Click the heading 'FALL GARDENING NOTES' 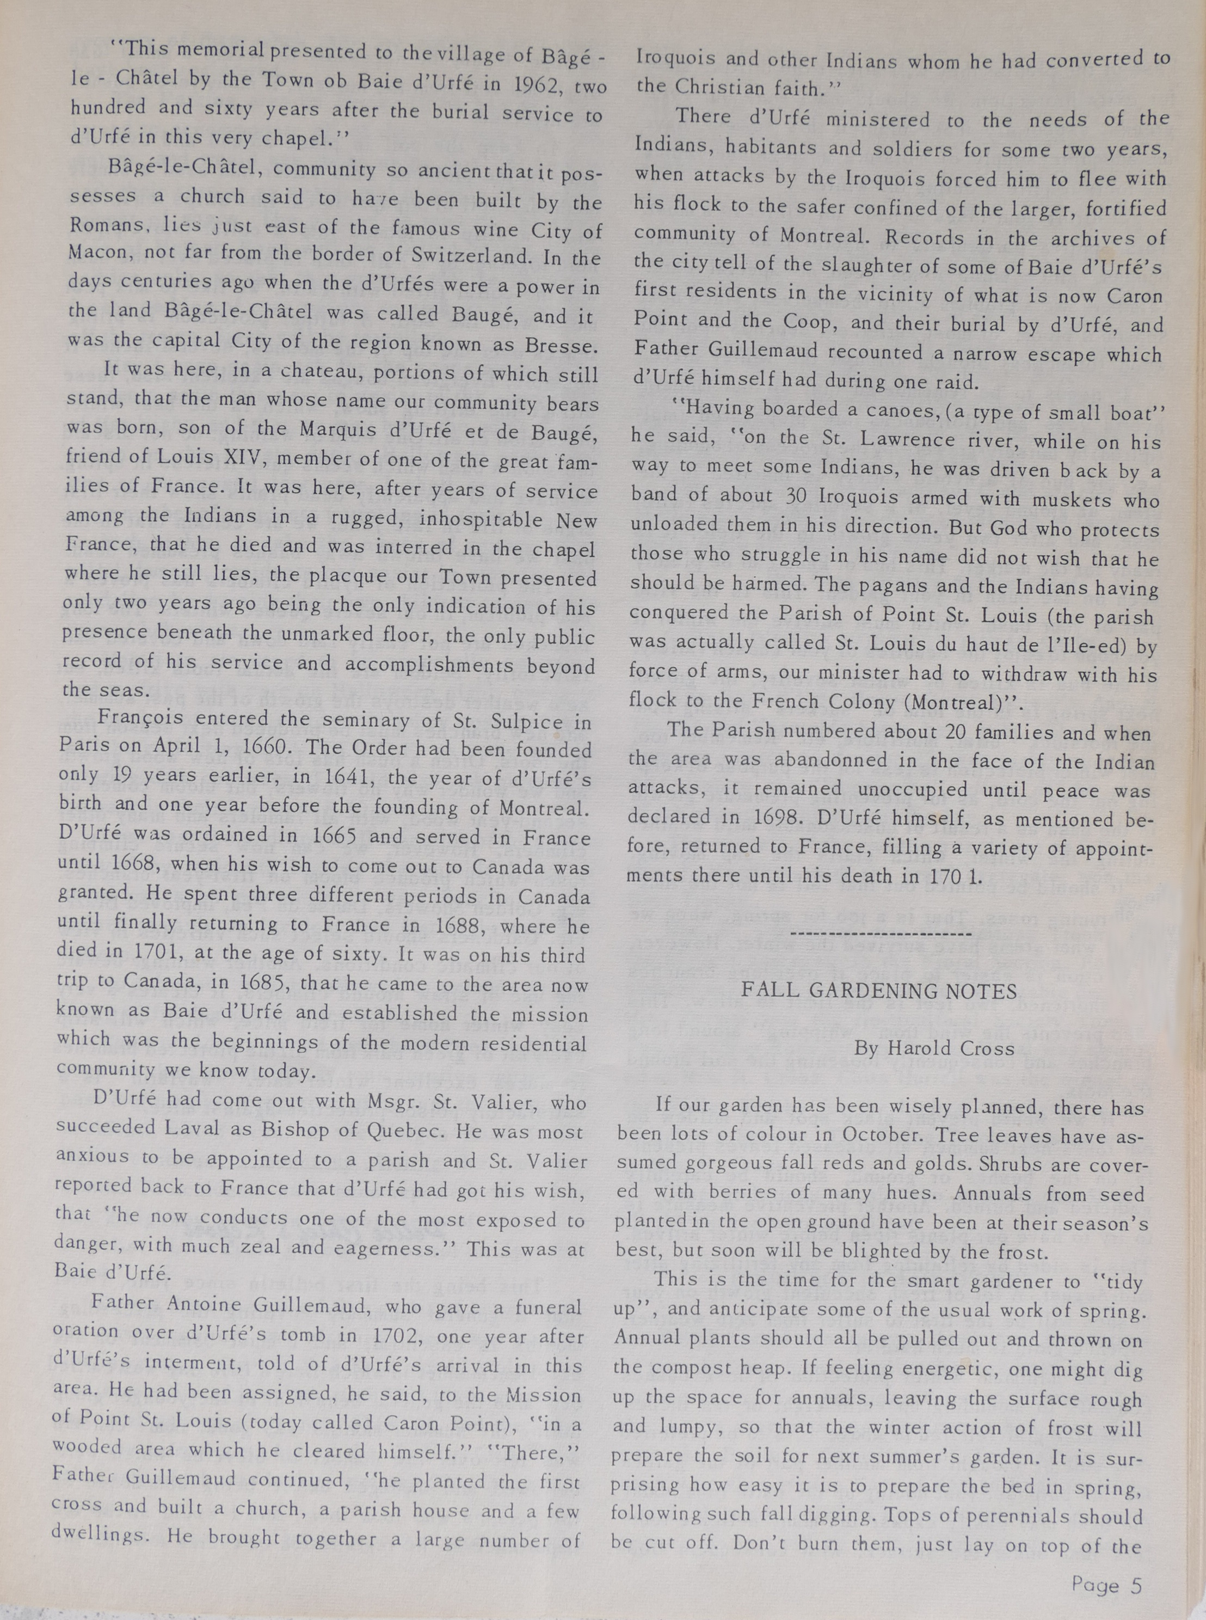click(x=879, y=991)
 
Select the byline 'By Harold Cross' click(x=934, y=1049)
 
